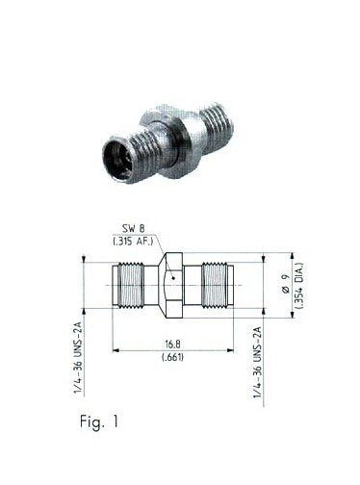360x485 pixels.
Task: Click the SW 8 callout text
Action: (x=134, y=229)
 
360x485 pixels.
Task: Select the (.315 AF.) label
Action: (x=133, y=242)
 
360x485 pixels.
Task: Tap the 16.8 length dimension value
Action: (x=172, y=345)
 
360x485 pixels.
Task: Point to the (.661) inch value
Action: (x=172, y=357)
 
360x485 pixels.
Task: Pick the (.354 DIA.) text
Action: (x=299, y=286)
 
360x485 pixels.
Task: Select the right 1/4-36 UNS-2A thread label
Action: (x=258, y=363)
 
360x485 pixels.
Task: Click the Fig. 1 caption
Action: (x=99, y=421)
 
